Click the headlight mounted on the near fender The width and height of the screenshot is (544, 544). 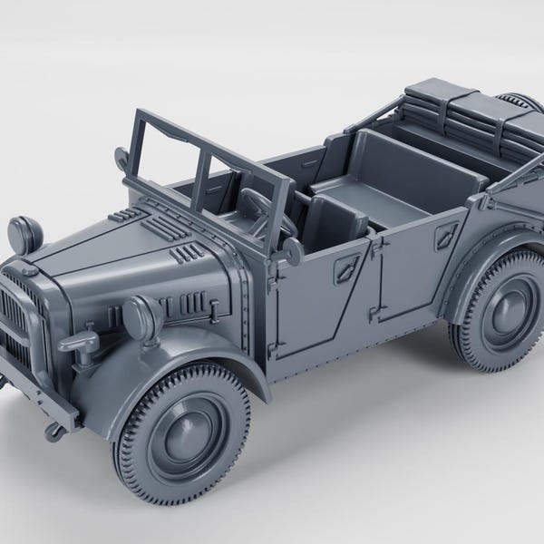click(x=140, y=316)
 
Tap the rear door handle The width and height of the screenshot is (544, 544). click(x=446, y=238)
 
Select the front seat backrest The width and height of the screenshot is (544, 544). click(x=336, y=218)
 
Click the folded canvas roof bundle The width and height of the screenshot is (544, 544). click(x=462, y=109)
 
